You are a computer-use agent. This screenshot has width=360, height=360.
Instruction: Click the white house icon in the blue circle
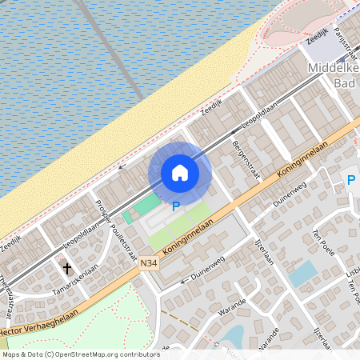pyautogui.click(x=180, y=173)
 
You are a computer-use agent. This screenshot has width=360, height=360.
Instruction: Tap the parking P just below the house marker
pyautogui.click(x=175, y=206)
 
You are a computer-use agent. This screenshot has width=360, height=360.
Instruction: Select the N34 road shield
pyautogui.click(x=148, y=262)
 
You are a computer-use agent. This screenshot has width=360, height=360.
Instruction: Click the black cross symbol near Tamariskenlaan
pyautogui.click(x=67, y=269)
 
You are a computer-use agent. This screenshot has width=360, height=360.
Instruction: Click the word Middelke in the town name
pyautogui.click(x=334, y=69)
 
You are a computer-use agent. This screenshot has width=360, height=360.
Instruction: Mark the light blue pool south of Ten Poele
pyautogui.click(x=302, y=274)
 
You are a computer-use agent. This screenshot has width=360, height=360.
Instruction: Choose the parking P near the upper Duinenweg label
pyautogui.click(x=350, y=181)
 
